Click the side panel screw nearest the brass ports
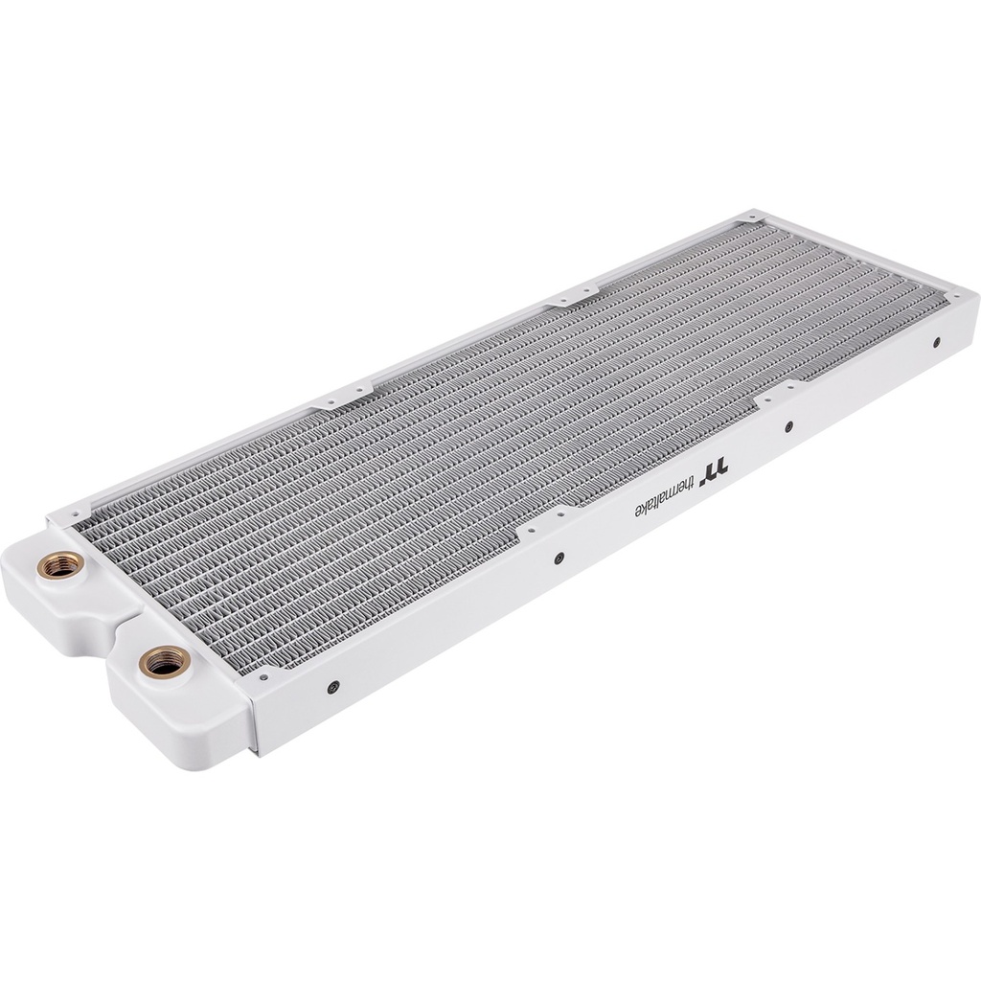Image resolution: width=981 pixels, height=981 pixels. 332,686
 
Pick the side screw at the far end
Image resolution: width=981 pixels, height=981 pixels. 936,340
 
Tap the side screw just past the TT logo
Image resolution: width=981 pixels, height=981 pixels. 788,426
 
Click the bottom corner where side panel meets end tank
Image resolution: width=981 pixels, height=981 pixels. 256,753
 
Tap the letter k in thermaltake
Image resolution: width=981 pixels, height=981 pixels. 642,506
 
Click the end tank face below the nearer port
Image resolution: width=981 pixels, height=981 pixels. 172,709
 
